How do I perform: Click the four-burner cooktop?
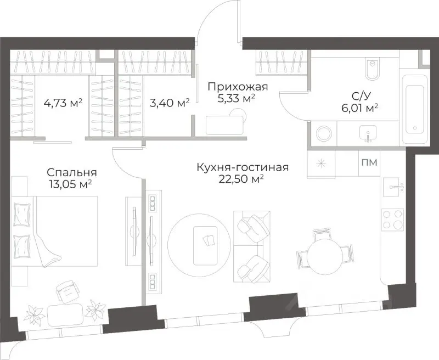point(392,219)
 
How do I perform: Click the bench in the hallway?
point(225,125)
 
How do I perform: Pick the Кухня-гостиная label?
point(243,167)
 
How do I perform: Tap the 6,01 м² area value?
point(358,108)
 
